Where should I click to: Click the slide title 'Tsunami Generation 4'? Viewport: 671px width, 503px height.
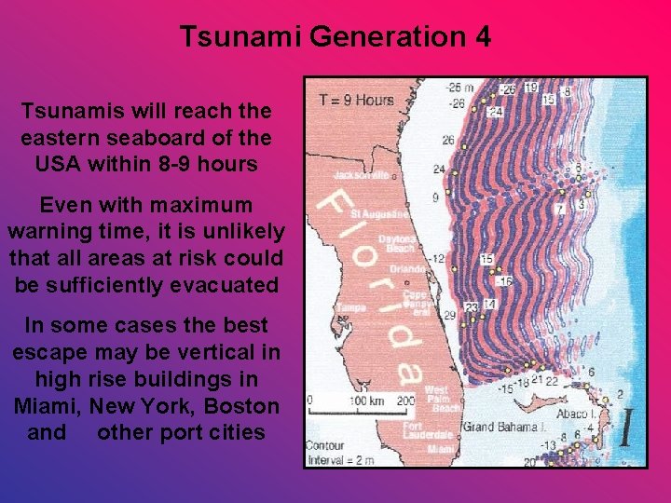(335, 38)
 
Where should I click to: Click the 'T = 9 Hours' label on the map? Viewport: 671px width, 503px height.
(356, 100)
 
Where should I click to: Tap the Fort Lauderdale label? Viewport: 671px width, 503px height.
(426, 431)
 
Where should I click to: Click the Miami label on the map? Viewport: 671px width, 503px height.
(441, 449)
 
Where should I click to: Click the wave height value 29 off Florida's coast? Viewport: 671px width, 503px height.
(450, 317)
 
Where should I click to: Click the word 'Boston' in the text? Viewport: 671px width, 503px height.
(243, 406)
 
